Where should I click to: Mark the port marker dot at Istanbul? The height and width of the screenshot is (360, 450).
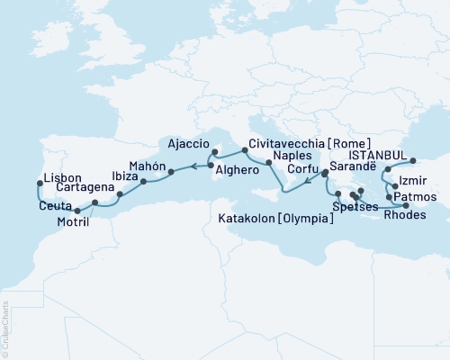pos(415,162)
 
